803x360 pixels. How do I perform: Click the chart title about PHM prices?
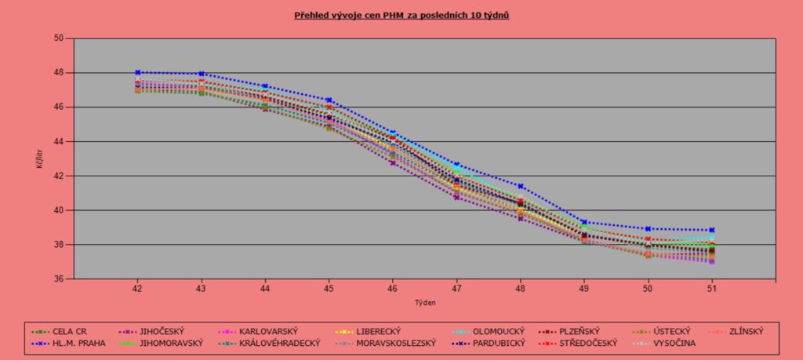(401, 15)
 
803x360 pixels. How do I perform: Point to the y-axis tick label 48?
(59, 73)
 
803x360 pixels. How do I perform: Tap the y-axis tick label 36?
(59, 279)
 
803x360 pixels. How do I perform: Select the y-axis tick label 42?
(59, 176)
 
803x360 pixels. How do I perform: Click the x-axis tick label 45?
(329, 289)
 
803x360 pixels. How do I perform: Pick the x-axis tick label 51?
(712, 289)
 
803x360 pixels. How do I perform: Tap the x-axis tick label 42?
(137, 289)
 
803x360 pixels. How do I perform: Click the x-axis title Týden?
(424, 302)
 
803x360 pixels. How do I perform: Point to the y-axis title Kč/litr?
(38, 158)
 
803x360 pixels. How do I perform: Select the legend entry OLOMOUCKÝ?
(497, 331)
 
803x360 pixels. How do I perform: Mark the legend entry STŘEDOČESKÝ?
(588, 343)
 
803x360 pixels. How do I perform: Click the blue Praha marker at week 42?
(137, 72)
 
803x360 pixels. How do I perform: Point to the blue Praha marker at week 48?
(521, 186)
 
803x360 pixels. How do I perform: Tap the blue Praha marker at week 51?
(712, 230)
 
